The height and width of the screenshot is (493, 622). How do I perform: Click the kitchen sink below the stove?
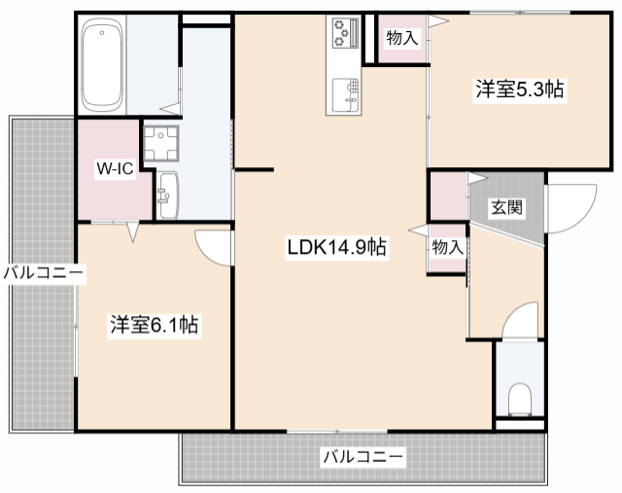click(x=345, y=95)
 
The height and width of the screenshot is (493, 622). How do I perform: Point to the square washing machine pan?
click(x=161, y=143)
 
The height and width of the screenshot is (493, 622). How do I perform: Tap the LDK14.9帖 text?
click(x=336, y=247)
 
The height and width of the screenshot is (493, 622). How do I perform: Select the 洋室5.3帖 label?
click(x=519, y=88)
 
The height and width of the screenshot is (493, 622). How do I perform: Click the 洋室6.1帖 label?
click(x=154, y=325)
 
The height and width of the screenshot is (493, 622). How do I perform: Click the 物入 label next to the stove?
click(x=401, y=39)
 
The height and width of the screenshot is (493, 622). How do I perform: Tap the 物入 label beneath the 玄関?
click(x=447, y=247)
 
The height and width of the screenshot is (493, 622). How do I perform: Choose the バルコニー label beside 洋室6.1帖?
click(x=43, y=273)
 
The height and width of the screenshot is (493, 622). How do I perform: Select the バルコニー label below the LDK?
click(x=363, y=455)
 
